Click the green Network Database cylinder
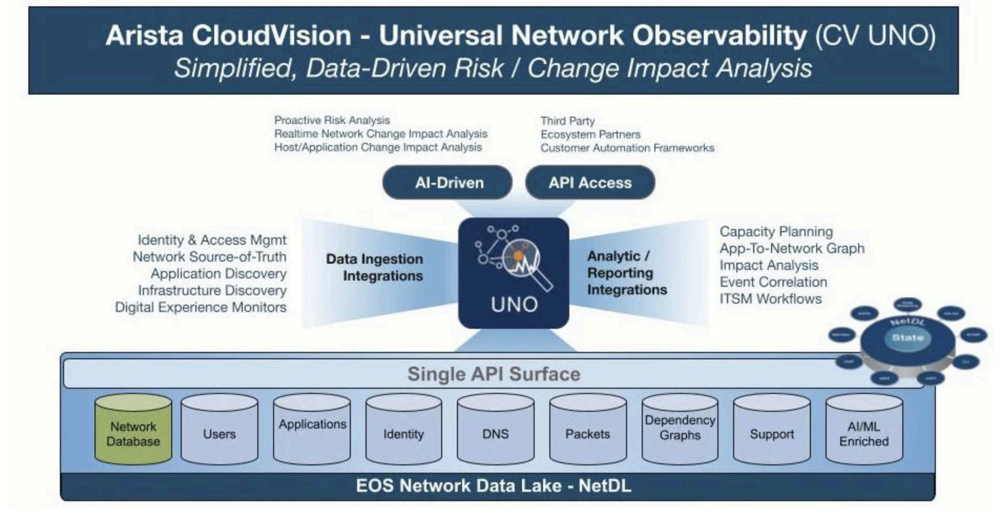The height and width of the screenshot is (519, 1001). point(133,430)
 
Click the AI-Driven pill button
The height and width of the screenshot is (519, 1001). point(447,182)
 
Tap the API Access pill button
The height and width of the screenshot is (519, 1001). point(590,182)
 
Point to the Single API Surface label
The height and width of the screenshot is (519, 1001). point(494,374)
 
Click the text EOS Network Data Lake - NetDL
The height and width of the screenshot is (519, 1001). point(494,485)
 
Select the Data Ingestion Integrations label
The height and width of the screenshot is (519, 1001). point(375,267)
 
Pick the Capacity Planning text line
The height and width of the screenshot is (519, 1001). point(776,232)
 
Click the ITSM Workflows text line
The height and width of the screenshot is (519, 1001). point(770,299)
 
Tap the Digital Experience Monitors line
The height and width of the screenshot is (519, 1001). point(201,307)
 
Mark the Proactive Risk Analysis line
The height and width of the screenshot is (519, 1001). point(332,120)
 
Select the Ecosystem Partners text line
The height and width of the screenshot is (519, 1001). point(590,134)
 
